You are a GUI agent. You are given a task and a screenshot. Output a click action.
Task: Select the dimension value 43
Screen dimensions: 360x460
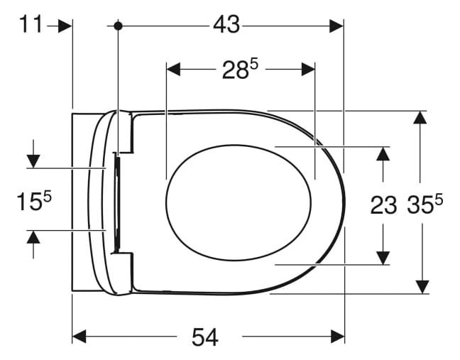(226, 26)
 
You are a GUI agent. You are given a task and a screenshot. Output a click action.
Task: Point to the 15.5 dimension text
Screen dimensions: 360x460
(34, 201)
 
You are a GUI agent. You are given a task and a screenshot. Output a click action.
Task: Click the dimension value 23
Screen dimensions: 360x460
(383, 206)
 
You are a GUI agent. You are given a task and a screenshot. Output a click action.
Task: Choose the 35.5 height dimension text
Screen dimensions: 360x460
(425, 205)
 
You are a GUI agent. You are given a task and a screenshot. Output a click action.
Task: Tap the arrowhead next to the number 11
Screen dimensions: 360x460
(65, 26)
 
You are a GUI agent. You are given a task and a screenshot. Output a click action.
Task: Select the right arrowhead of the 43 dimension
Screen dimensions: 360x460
(336, 26)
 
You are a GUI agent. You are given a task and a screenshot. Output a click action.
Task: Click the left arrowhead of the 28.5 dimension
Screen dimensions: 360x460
(174, 70)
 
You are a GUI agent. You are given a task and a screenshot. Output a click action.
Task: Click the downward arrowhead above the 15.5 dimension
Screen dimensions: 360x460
(33, 160)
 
